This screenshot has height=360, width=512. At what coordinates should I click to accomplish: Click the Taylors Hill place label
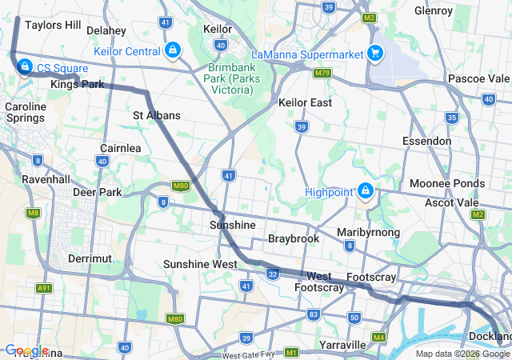[x=53, y=25]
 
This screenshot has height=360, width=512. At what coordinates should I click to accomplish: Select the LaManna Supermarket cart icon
[x=374, y=54]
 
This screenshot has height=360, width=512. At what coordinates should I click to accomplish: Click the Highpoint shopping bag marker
[x=366, y=190]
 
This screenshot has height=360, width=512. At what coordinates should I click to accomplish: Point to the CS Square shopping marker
[x=24, y=66]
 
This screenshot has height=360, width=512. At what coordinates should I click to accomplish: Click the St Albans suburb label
[x=157, y=115]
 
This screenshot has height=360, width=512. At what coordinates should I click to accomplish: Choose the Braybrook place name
[x=294, y=238]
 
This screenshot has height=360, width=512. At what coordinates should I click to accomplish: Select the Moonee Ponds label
[x=447, y=183]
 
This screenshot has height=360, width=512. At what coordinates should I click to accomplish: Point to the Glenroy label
[x=434, y=11]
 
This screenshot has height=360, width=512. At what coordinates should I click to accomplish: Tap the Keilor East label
[x=305, y=103]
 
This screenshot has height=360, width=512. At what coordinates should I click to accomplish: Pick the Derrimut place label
[x=90, y=258]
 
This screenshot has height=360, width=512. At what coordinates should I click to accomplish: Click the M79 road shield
[x=322, y=74]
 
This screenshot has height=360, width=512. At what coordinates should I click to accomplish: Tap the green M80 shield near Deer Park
[x=180, y=186]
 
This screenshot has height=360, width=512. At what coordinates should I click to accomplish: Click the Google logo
[x=26, y=350]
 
